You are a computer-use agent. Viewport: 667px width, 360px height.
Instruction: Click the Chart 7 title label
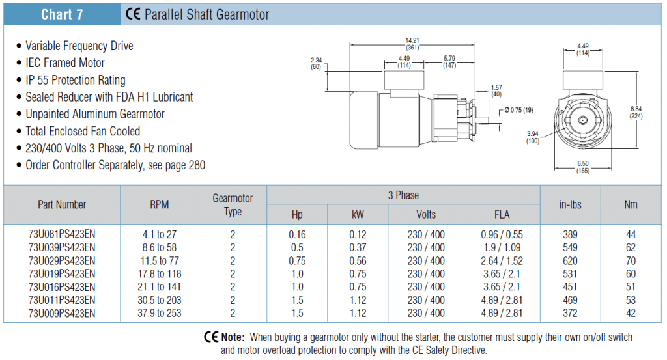62,14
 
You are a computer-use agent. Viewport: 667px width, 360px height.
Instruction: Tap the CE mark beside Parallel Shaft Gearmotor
133,14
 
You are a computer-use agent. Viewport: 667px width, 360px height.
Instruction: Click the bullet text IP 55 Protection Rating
76,80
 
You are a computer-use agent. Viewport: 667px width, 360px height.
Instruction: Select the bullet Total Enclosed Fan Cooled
83,131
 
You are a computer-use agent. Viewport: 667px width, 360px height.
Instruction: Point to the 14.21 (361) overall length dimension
412,44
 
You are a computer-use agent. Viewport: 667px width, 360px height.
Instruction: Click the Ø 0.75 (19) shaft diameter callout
518,110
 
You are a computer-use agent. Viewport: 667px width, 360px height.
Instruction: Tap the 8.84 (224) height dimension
636,113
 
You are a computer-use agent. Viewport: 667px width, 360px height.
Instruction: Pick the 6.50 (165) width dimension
583,167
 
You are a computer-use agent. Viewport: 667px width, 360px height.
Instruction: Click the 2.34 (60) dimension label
316,63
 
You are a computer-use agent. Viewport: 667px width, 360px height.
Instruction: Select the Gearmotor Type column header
233,205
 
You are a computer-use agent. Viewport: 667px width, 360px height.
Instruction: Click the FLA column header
502,215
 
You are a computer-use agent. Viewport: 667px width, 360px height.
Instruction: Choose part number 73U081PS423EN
62,234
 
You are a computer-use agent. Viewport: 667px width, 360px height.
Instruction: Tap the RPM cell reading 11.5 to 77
160,260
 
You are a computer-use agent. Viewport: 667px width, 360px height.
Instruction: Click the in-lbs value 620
570,260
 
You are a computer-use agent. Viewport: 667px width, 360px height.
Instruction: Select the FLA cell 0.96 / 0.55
502,234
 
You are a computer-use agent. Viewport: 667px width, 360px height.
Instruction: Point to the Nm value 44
631,234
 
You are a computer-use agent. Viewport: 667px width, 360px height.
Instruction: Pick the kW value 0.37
358,247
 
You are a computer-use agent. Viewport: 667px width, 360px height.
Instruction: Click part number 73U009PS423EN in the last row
62,313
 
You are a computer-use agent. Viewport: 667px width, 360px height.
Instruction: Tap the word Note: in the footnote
233,337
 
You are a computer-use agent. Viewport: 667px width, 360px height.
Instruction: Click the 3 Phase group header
403,195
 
